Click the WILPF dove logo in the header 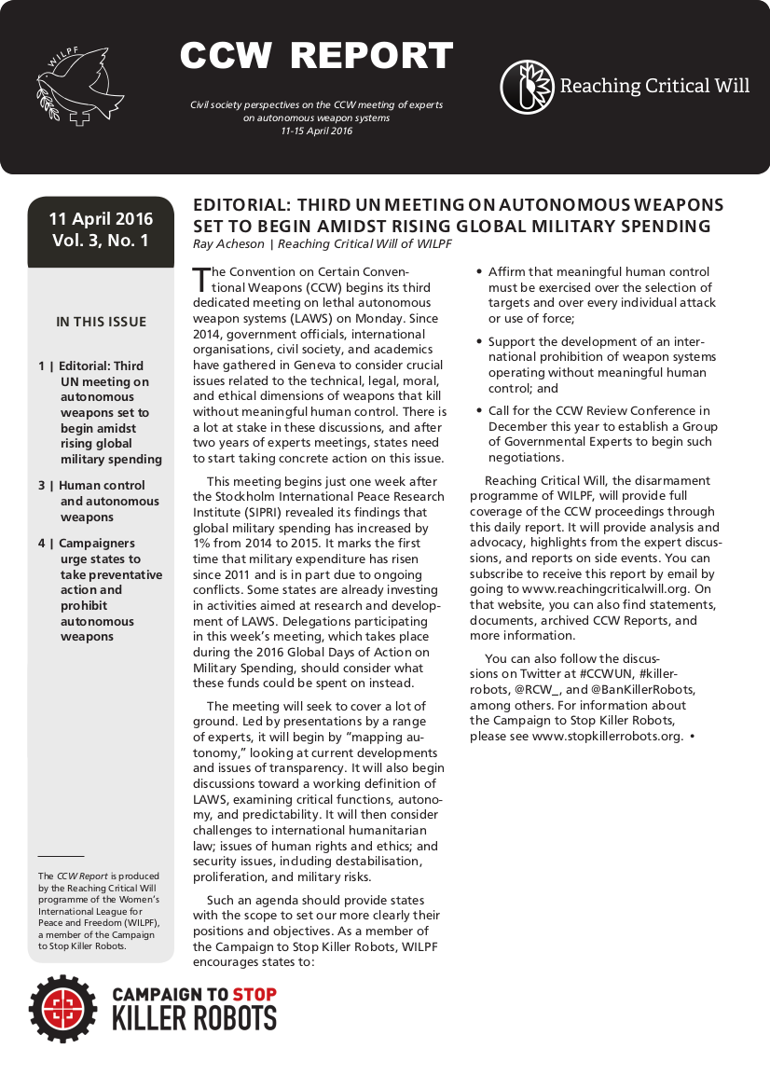pos(78,88)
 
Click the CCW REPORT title pos(316,57)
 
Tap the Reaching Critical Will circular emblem pos(528,87)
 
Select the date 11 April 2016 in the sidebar pos(101,220)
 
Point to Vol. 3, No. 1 pos(101,241)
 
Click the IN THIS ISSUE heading pos(101,322)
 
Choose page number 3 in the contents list pos(42,485)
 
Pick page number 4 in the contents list pos(42,543)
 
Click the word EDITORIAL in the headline pos(234,206)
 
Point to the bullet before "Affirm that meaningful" pos(479,272)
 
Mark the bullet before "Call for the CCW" pos(479,410)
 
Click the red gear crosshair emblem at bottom pos(63,1008)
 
